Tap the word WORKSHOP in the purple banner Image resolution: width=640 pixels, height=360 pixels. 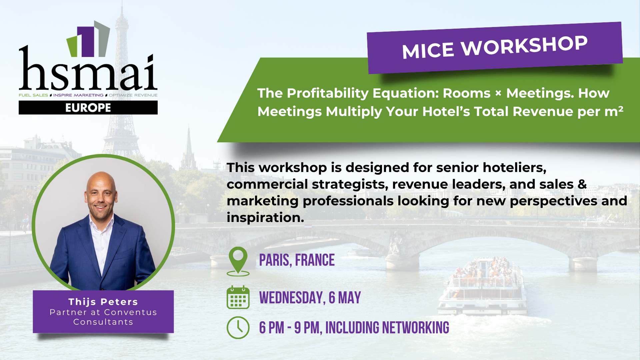[x=524, y=46]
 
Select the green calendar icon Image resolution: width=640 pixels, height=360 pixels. [x=238, y=297]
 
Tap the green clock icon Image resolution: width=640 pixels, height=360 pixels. [x=238, y=328]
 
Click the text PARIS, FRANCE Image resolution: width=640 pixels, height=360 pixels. [x=297, y=260]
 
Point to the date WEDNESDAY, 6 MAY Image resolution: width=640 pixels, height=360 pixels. [x=310, y=298]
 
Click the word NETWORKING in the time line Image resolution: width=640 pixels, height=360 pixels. [x=416, y=328]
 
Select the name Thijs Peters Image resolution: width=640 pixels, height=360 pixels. [x=103, y=302]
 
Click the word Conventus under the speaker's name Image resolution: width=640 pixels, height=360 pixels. [x=130, y=312]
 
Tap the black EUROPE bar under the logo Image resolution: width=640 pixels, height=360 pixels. [x=88, y=108]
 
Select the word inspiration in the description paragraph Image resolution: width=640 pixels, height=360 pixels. [x=265, y=218]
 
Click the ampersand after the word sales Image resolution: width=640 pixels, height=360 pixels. [x=582, y=184]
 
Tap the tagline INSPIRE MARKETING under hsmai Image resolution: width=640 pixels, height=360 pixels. [x=78, y=95]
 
